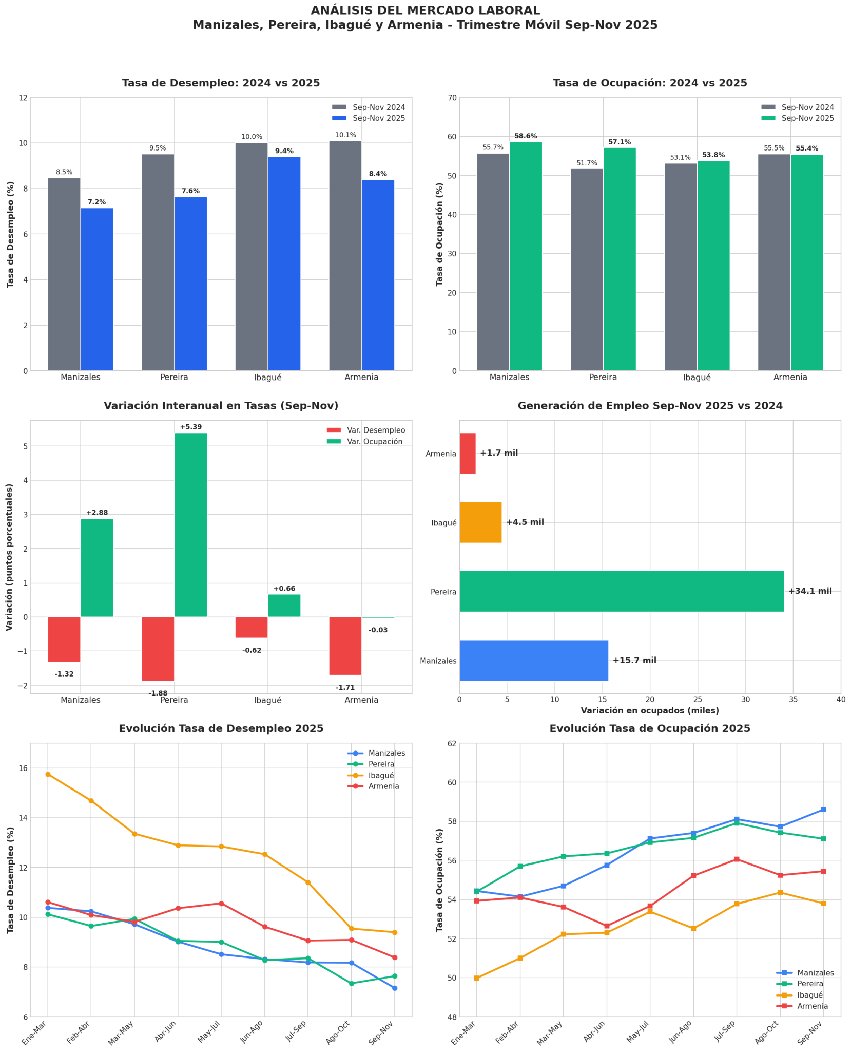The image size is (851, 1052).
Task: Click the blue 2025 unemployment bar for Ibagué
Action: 284,263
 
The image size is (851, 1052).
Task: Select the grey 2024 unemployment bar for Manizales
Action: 64,274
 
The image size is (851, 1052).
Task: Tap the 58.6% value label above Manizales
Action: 526,136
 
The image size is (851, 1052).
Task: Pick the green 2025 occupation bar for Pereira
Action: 620,259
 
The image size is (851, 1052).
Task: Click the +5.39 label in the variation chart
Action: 190,427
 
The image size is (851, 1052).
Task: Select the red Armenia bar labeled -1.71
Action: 345,646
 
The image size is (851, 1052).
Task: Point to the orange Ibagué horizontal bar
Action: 480,522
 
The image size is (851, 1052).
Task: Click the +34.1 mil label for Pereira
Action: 810,591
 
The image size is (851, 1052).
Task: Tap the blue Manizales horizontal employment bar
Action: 534,660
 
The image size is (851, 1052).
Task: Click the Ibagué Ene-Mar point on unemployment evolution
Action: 48,774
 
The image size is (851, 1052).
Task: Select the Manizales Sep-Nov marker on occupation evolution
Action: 823,810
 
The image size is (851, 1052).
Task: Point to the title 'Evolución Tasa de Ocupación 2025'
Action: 650,728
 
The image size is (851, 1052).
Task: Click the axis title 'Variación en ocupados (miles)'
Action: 650,711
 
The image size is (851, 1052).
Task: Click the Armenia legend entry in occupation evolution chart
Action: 812,1006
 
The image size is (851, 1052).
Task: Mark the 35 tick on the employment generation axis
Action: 793,700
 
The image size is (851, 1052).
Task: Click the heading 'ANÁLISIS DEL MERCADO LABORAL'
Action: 425,11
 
